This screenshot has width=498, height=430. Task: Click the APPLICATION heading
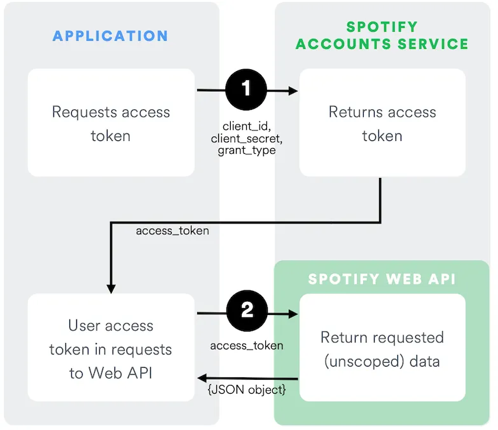[110, 36]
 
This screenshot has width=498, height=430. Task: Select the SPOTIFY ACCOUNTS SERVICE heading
[382, 36]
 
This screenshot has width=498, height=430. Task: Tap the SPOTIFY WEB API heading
[382, 279]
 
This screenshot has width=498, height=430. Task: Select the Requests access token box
[111, 123]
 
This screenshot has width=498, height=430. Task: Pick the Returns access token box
[382, 123]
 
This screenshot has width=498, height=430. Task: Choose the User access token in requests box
[111, 348]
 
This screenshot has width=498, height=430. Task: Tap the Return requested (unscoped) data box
[382, 348]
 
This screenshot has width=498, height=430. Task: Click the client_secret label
[246, 138]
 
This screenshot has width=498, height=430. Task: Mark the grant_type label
[246, 151]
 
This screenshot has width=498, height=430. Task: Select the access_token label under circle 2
[246, 346]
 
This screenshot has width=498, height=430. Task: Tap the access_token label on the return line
[172, 231]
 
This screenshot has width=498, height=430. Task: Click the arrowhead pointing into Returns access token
[294, 91]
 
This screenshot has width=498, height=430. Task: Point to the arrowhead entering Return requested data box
[294, 314]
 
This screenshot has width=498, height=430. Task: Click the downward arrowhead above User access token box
[111, 289]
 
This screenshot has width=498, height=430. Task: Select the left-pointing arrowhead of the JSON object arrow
[202, 377]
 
